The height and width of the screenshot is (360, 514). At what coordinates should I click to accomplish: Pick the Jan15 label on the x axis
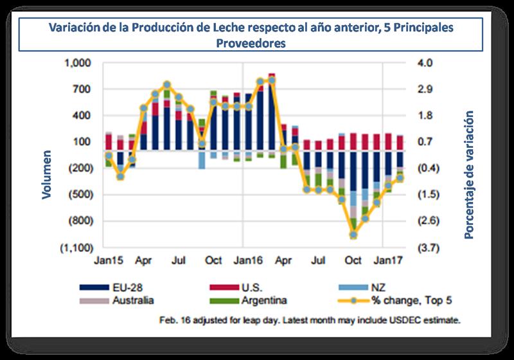109,261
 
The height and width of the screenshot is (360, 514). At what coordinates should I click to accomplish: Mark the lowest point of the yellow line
353,235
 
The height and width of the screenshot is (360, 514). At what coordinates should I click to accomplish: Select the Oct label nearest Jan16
213,261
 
